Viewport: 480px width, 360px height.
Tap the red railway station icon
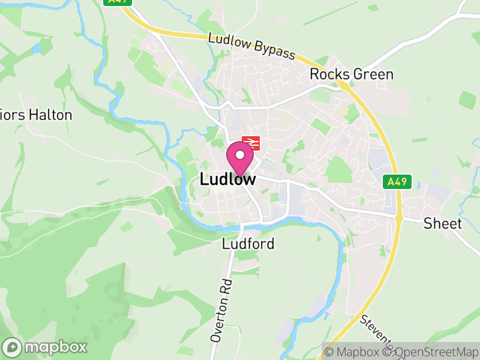[x=251, y=143]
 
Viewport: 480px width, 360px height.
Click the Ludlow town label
[x=227, y=179]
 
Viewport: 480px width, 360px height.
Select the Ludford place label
[x=248, y=244]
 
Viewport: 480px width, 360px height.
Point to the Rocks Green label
[x=352, y=74]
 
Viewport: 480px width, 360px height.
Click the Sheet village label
[x=443, y=224]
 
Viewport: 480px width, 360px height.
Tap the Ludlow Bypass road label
[x=252, y=46]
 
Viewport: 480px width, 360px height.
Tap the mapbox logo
[x=45, y=347]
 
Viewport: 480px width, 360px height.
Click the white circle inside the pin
[x=240, y=155]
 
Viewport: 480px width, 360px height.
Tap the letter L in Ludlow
[x=204, y=179]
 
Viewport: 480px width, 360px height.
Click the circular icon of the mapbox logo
[x=12, y=347]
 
